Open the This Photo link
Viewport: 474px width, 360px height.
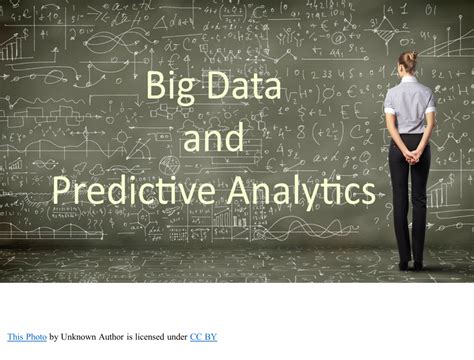(26, 337)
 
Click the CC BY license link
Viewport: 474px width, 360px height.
(204, 337)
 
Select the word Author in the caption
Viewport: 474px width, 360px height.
(123, 337)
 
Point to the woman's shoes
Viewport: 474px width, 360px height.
(410, 266)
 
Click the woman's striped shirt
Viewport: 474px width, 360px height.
(408, 105)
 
